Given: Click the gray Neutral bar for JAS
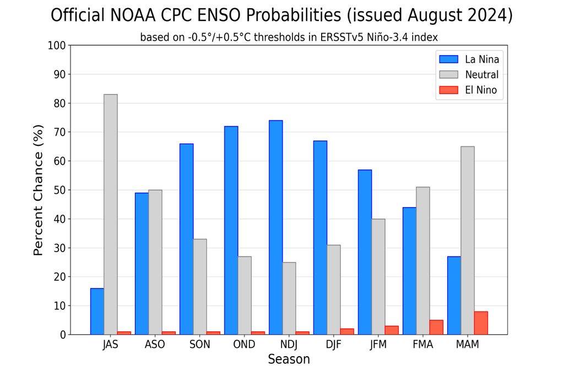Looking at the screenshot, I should [x=110, y=214].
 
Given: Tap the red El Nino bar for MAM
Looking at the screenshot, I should [x=481, y=323].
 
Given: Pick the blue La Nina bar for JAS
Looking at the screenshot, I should [x=97, y=311].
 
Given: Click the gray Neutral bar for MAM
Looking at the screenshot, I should [x=468, y=240].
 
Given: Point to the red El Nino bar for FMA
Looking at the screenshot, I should [x=436, y=327].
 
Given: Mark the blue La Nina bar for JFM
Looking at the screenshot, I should [x=365, y=252].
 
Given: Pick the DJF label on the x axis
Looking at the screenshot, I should [x=334, y=345].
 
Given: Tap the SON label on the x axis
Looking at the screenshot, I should [x=199, y=345].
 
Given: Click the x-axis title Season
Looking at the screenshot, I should [x=289, y=359].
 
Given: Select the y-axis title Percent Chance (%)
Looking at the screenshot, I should [x=38, y=204].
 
